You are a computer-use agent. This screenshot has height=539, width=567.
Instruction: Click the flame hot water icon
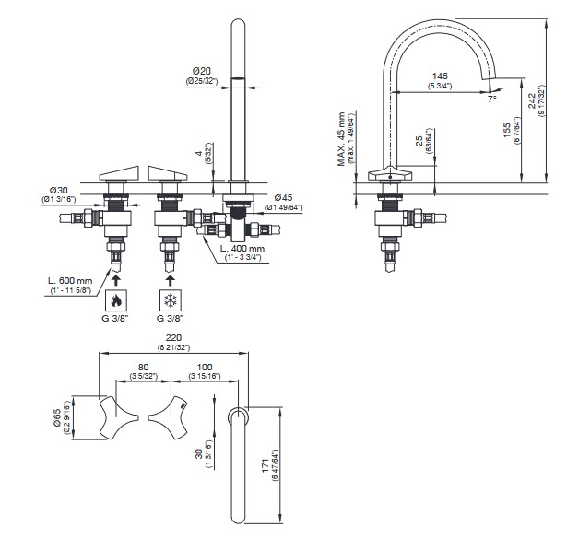116,300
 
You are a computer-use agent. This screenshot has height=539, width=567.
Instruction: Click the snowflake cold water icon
170,300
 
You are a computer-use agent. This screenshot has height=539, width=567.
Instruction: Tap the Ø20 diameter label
203,71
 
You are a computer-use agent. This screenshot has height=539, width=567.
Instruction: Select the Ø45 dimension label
283,196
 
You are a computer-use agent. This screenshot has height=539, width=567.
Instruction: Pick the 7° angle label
493,98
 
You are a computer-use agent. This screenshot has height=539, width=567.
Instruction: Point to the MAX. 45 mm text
341,138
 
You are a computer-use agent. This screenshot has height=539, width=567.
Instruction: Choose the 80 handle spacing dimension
143,366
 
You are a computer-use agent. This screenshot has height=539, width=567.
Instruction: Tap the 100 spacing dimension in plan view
206,366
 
